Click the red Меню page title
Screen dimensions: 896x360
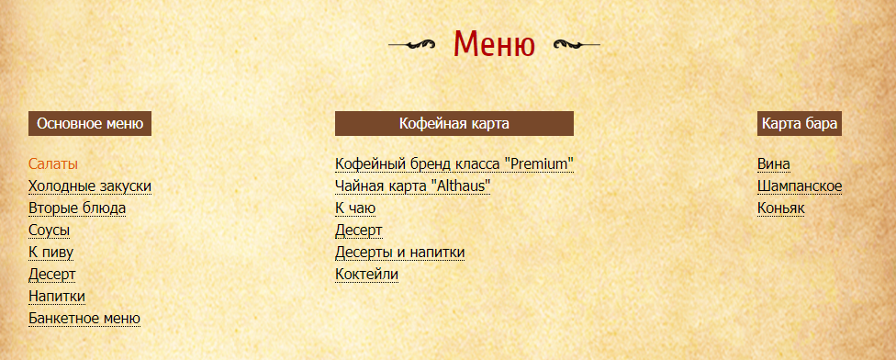pos(494,43)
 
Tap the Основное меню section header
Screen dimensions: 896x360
pos(90,123)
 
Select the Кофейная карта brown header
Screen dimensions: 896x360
pos(454,123)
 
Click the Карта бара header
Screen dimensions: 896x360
pos(800,123)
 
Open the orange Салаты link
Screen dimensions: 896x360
pos(53,164)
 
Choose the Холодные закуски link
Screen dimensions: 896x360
pos(90,186)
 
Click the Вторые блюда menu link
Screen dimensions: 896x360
pos(77,208)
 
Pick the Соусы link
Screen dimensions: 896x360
pos(50,231)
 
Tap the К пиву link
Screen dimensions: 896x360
pos(50,252)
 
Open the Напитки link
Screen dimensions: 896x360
pos(57,297)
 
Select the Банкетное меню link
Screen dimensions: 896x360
pos(84,319)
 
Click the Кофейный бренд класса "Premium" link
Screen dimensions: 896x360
pos(454,164)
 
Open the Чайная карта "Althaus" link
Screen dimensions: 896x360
pos(412,186)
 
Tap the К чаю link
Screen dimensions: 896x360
pos(355,208)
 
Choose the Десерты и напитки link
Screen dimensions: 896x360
pos(399,252)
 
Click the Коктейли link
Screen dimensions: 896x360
pos(366,275)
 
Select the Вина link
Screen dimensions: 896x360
pos(774,164)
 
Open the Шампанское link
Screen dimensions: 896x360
pos(800,186)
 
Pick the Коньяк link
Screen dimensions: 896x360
pos(780,208)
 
